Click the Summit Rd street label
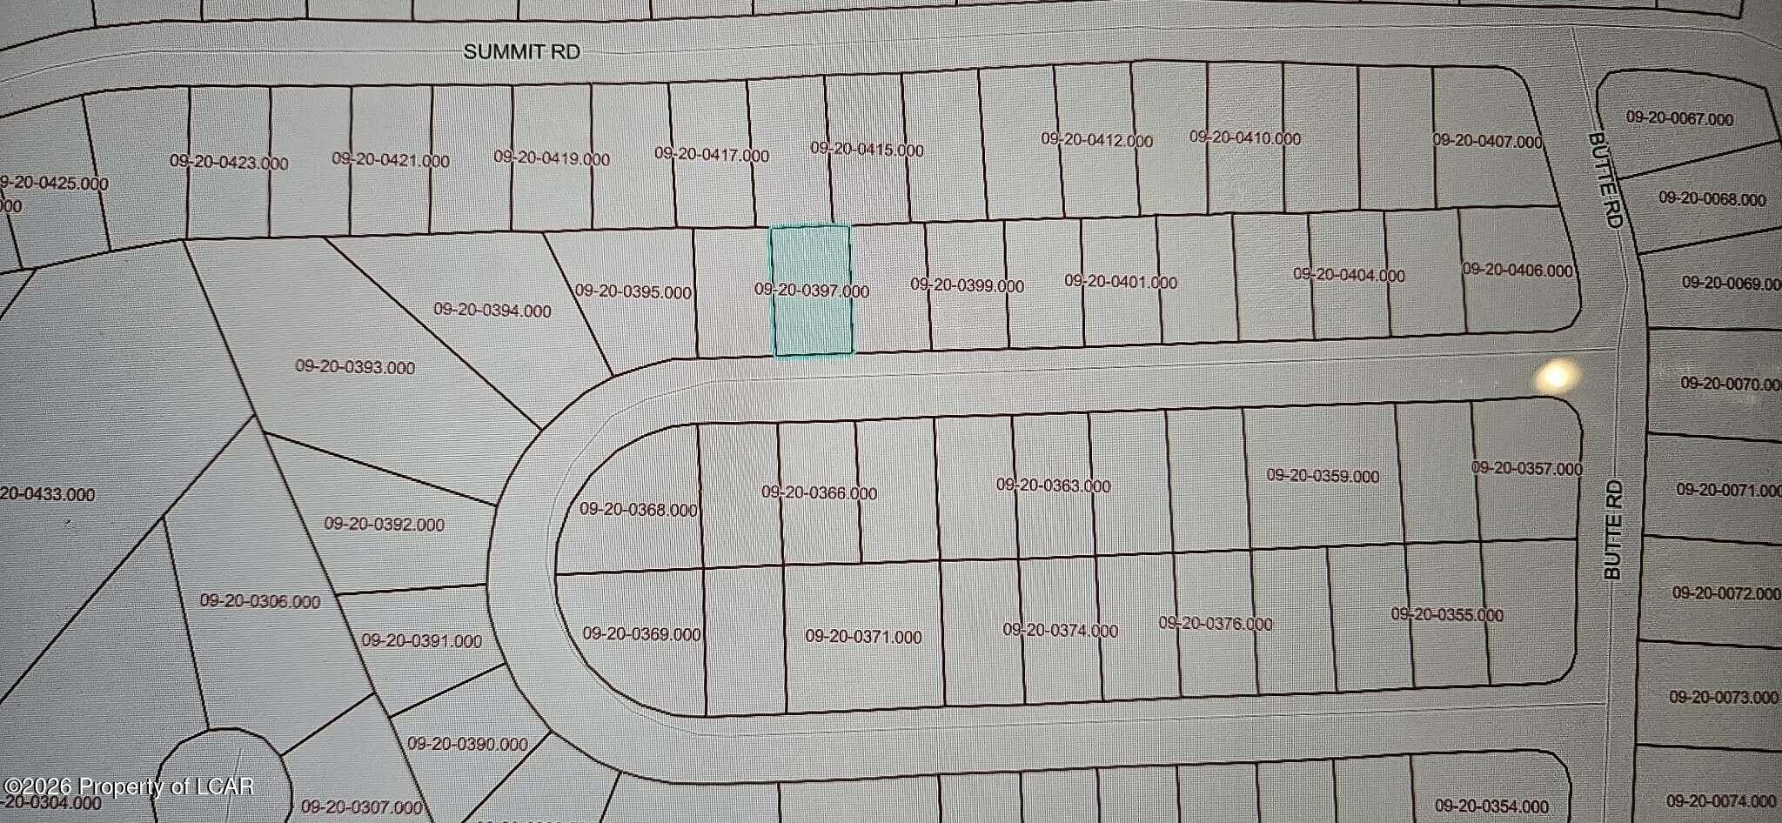click(x=521, y=52)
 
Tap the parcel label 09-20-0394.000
click(x=492, y=311)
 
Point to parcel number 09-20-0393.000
click(x=355, y=367)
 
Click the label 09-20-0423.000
click(x=229, y=162)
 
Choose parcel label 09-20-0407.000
click(x=1487, y=140)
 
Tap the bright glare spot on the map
click(x=1557, y=377)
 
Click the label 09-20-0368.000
click(x=639, y=510)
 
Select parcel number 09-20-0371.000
click(x=863, y=637)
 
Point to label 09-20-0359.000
click(x=1323, y=476)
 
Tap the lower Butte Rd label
click(x=1613, y=530)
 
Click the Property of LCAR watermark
click(x=128, y=787)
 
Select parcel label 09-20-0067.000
click(x=1679, y=119)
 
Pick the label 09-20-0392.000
click(x=385, y=524)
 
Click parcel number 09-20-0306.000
click(x=260, y=601)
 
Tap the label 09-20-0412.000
click(x=1096, y=140)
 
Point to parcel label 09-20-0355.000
click(x=1446, y=614)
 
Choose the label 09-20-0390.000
click(x=467, y=744)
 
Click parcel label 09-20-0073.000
click(x=1724, y=697)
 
